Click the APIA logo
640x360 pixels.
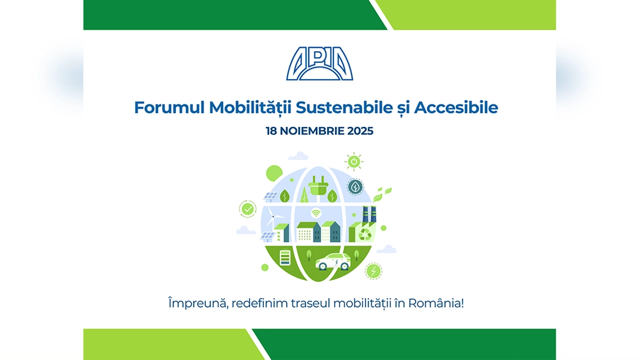(x=319, y=64)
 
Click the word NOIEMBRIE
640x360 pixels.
(x=312, y=131)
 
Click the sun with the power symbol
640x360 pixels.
(x=353, y=161)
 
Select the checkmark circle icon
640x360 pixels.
(x=247, y=209)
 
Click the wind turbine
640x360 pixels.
(x=270, y=217)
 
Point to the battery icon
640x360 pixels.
(x=285, y=259)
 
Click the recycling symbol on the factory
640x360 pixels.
(x=364, y=234)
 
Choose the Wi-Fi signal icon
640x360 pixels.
(x=316, y=213)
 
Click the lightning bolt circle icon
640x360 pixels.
(x=373, y=271)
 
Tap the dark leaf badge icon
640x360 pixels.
(x=355, y=186)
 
